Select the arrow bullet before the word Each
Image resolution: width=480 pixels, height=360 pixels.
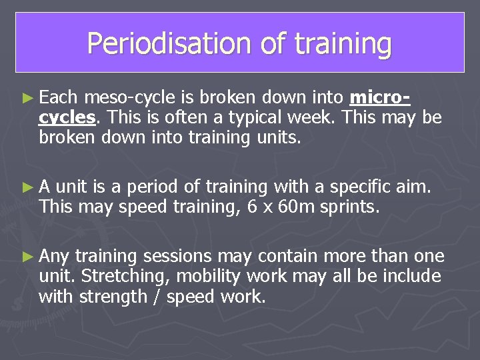pos(27,98)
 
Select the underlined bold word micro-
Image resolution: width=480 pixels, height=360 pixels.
pos(379,98)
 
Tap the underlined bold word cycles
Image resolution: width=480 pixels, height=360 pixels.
pos(67,117)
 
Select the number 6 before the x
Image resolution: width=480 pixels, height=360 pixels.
pos(253,207)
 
